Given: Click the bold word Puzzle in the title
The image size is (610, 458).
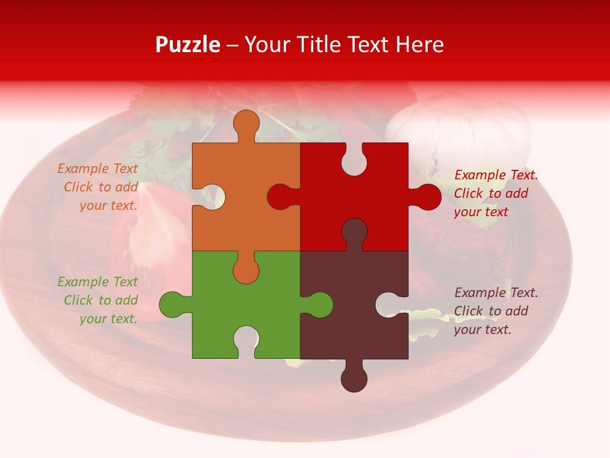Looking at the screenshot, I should pyautogui.click(x=188, y=45).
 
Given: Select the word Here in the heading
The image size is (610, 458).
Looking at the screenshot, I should pyautogui.click(x=419, y=45).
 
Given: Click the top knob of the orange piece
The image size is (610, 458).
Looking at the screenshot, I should pyautogui.click(x=246, y=124).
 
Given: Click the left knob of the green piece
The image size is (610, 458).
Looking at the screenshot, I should pyautogui.click(x=172, y=304).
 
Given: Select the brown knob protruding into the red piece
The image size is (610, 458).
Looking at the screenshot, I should pyautogui.click(x=354, y=230).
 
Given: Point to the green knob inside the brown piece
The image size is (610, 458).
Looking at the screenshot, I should pyautogui.click(x=320, y=304).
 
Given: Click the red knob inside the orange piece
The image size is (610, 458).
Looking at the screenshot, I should pyautogui.click(x=280, y=197).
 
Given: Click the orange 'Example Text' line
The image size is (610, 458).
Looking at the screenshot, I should pyautogui.click(x=98, y=169).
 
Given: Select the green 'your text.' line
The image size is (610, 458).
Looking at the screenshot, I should pyautogui.click(x=108, y=319).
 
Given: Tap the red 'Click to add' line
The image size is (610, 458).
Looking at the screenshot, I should pyautogui.click(x=491, y=193).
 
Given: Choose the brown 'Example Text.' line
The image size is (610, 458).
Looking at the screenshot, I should pyautogui.click(x=496, y=293).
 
